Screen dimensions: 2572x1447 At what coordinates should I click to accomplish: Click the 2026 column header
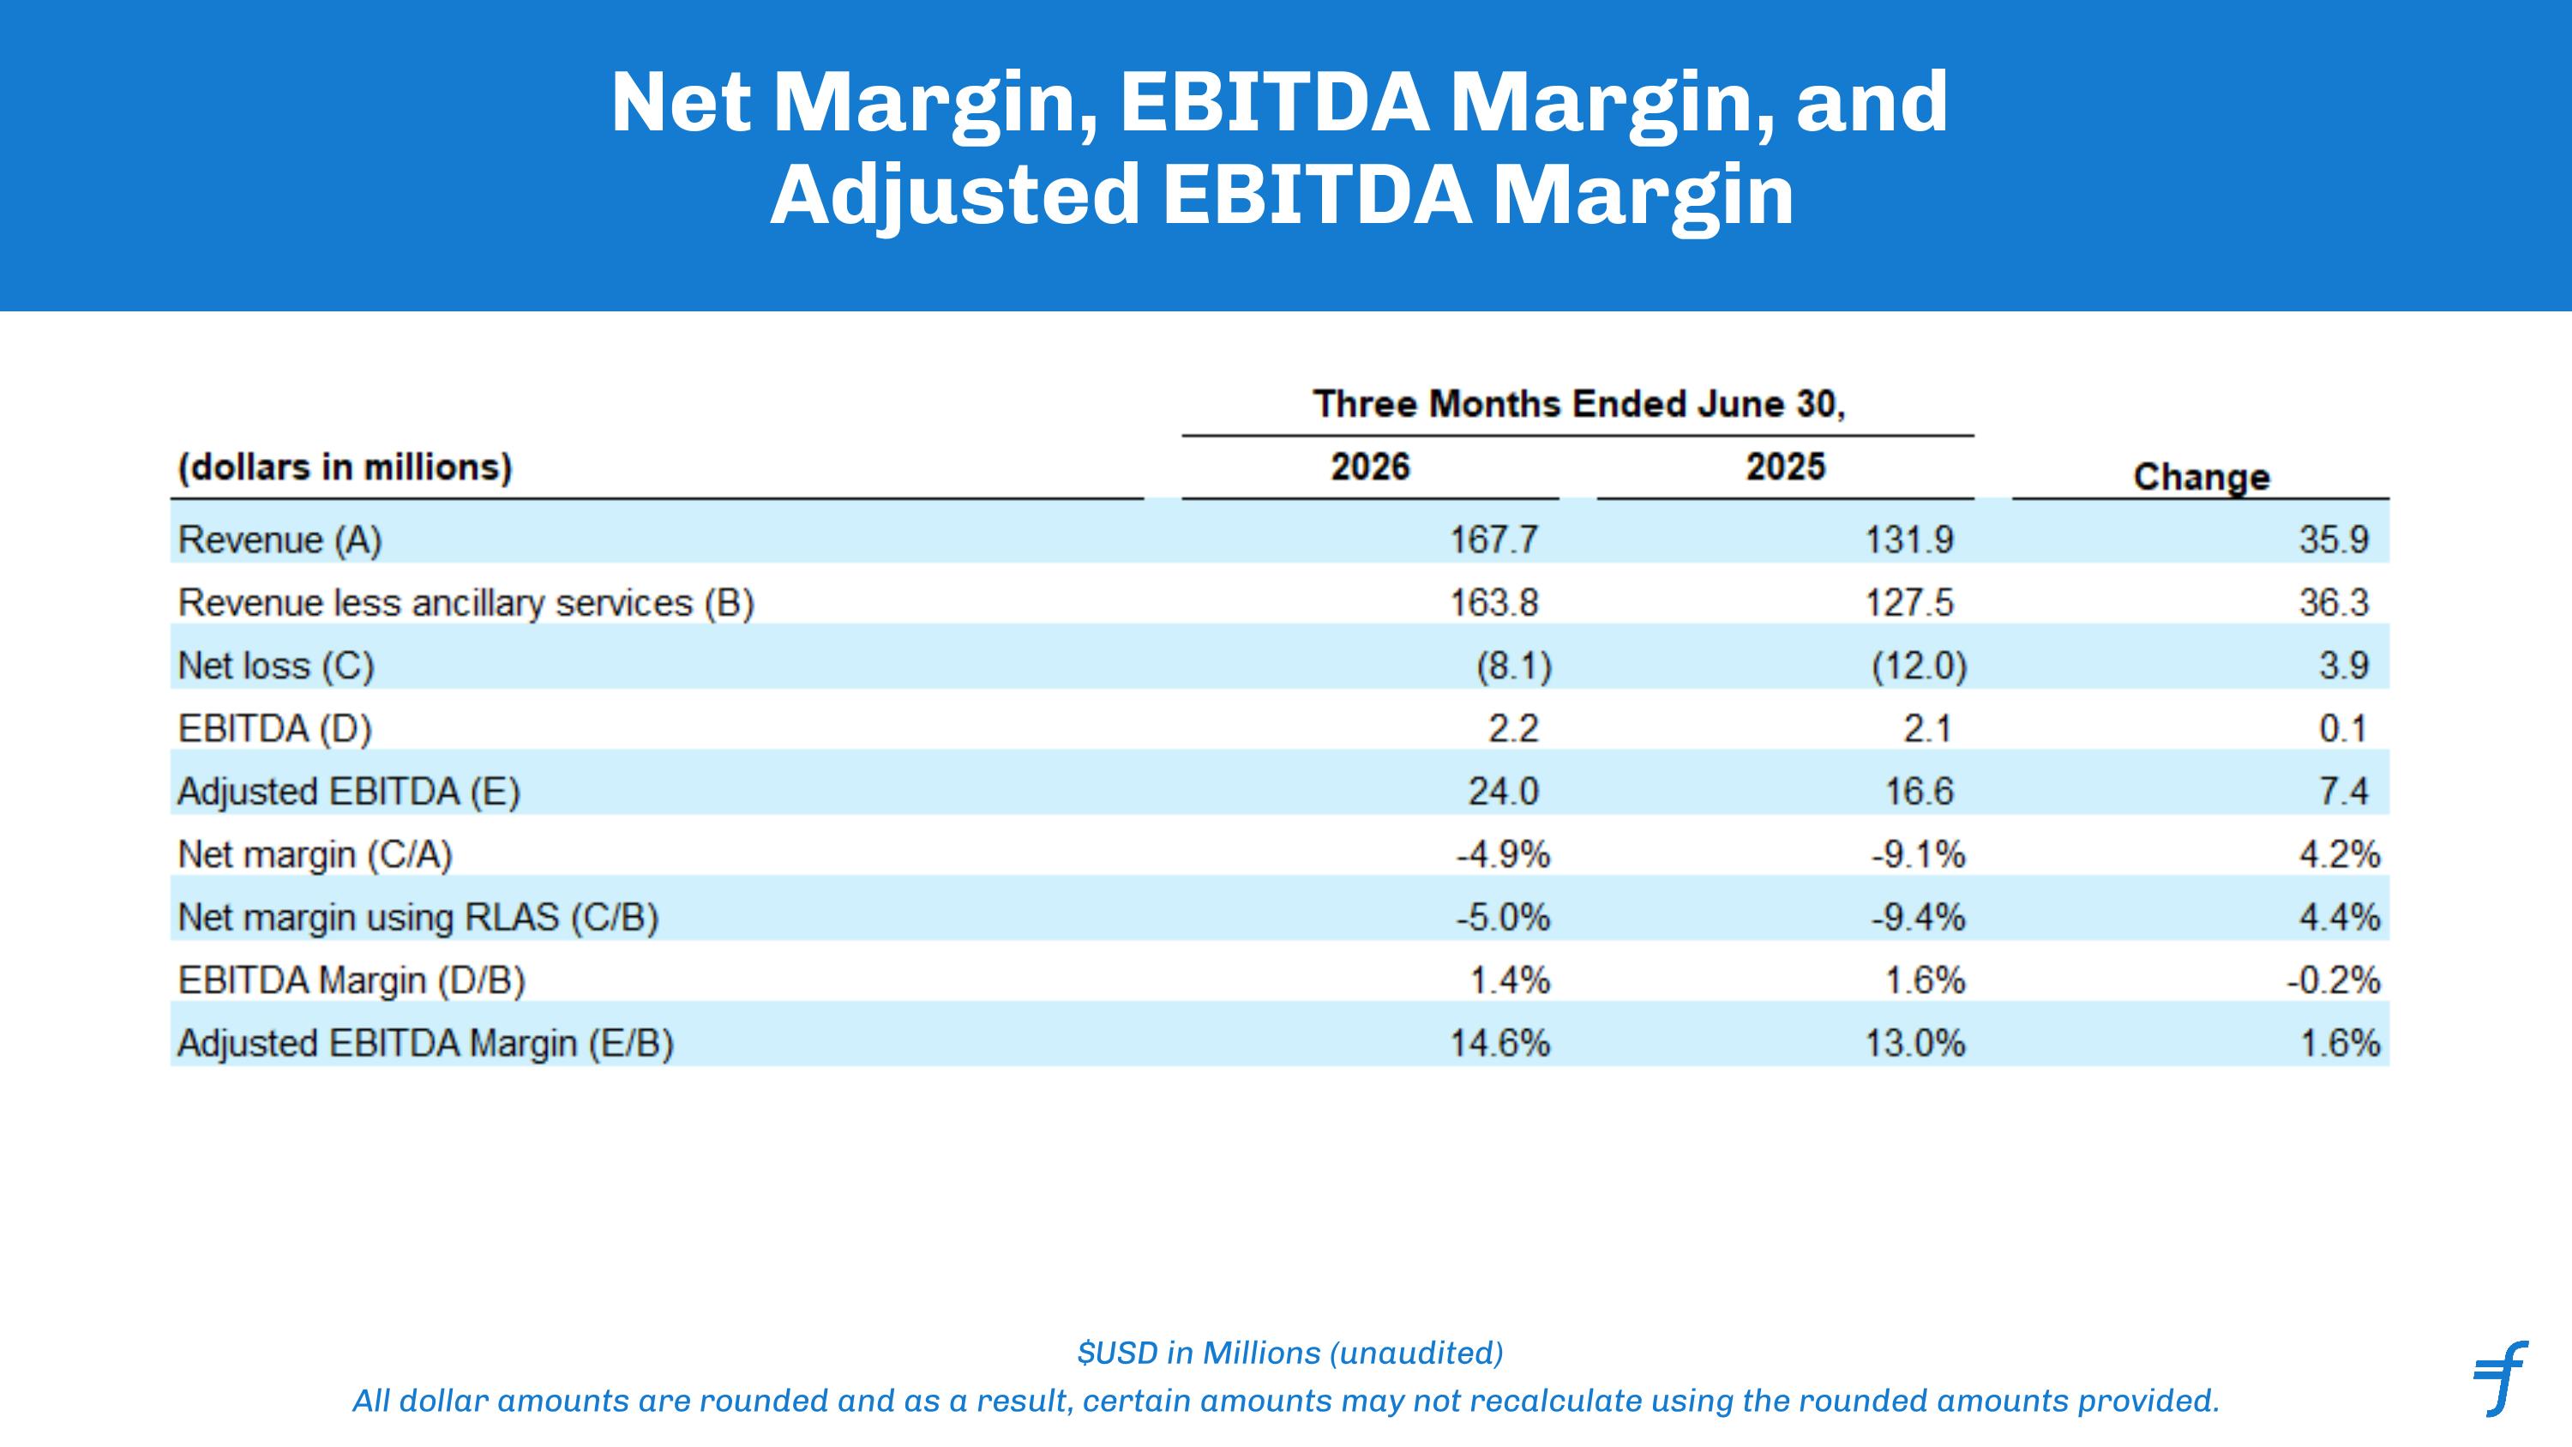[1370, 467]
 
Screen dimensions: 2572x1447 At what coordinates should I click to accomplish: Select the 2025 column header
[1785, 467]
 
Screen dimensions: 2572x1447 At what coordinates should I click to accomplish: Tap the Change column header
[2202, 478]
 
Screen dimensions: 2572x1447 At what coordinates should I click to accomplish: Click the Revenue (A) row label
[279, 540]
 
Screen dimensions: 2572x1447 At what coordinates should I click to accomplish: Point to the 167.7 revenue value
[1493, 540]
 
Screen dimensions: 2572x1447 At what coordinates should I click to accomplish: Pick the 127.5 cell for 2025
[1909, 603]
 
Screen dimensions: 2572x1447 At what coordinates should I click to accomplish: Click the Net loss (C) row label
[275, 666]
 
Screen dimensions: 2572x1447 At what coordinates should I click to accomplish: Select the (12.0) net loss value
[1918, 666]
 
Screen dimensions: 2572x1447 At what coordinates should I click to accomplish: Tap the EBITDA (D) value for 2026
[1512, 729]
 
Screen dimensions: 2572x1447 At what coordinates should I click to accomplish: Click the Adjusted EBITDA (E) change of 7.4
[2342, 792]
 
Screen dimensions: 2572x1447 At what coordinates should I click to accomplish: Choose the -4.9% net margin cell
[1503, 855]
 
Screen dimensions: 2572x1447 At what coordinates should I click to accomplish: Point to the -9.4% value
[1918, 918]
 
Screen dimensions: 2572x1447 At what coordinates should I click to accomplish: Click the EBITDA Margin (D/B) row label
[352, 980]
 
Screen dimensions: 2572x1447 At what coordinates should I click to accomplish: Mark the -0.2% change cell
[2334, 980]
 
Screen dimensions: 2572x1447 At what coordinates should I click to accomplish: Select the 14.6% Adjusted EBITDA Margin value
[1499, 1044]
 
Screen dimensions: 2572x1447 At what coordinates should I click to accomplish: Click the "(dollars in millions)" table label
[345, 467]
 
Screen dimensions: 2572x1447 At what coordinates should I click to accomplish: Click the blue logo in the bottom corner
[2500, 1378]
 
